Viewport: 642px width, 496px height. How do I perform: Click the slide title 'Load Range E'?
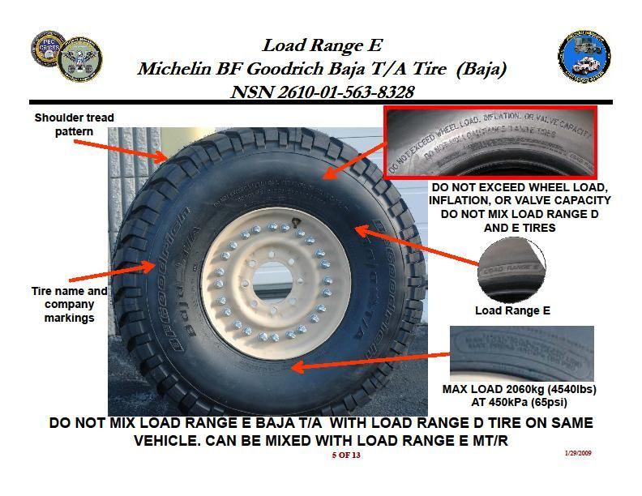[322, 45]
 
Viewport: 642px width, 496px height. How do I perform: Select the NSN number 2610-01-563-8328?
[322, 92]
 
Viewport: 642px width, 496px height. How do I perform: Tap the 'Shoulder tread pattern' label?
[74, 124]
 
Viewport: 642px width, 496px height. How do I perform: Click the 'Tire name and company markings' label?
[69, 304]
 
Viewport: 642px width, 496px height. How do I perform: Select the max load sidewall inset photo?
[522, 353]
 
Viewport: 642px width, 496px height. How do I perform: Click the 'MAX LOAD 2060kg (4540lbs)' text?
[520, 389]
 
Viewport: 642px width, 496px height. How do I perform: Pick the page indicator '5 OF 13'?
[345, 455]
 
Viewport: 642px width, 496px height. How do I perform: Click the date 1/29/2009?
[578, 453]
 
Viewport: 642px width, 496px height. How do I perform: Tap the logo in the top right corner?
[584, 58]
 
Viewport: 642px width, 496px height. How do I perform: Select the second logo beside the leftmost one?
[79, 58]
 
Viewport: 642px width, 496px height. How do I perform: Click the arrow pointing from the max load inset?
[369, 361]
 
